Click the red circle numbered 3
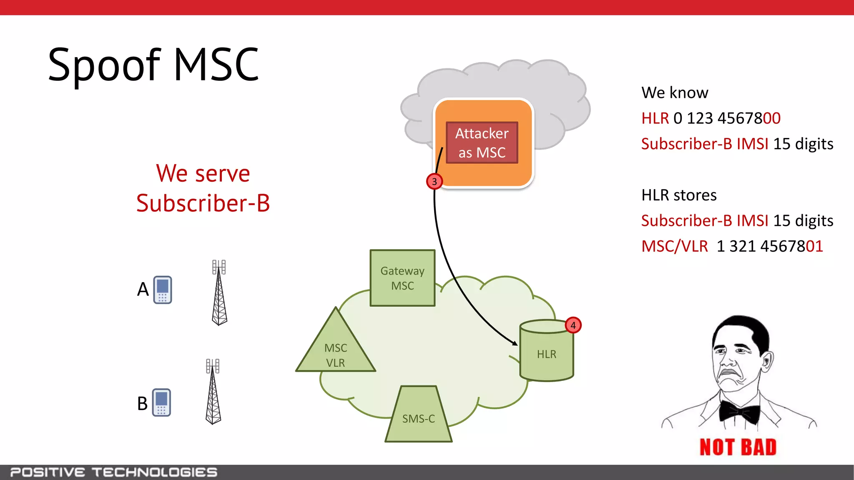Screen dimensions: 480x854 click(435, 182)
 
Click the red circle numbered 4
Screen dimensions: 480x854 click(573, 325)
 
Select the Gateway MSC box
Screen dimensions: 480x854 click(402, 278)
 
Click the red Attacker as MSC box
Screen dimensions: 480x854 click(482, 142)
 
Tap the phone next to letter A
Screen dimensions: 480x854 click(163, 290)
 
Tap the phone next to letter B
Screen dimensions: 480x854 click(161, 402)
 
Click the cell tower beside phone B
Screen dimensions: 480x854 click(213, 392)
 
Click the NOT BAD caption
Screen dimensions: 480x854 click(738, 447)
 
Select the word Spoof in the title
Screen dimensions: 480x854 click(104, 65)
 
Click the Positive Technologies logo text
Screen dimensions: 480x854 click(113, 472)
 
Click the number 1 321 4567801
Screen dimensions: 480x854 click(769, 246)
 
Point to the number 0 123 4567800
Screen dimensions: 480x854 click(726, 118)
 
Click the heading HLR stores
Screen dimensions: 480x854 click(679, 195)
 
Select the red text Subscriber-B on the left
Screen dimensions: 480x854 click(203, 203)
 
